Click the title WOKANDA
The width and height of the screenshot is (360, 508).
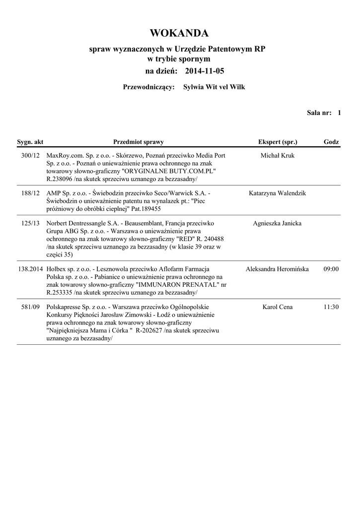point(179,33)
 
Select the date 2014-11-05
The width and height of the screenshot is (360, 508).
point(205,71)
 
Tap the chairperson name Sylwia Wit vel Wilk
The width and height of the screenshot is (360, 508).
point(214,87)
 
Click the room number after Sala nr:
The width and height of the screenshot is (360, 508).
point(339,113)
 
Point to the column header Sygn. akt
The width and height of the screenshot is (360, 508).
point(30,142)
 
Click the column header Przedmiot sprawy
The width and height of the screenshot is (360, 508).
point(139,142)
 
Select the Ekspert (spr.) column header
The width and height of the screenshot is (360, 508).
point(278,142)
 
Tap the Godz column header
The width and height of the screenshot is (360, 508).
point(331,142)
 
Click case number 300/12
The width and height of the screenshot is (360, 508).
point(31,156)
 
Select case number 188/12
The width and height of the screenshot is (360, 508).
point(31,193)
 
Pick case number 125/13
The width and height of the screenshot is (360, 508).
point(31,223)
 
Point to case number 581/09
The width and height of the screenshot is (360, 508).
point(31,307)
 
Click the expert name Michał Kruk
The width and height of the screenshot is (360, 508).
point(277,156)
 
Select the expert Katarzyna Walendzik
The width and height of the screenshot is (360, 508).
point(277,193)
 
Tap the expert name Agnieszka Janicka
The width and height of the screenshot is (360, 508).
point(277,223)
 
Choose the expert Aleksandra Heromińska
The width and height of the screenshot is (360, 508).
point(277,269)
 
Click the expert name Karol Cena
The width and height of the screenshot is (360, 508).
point(277,307)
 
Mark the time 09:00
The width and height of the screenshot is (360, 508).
point(331,269)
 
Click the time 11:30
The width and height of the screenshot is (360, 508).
point(331,307)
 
